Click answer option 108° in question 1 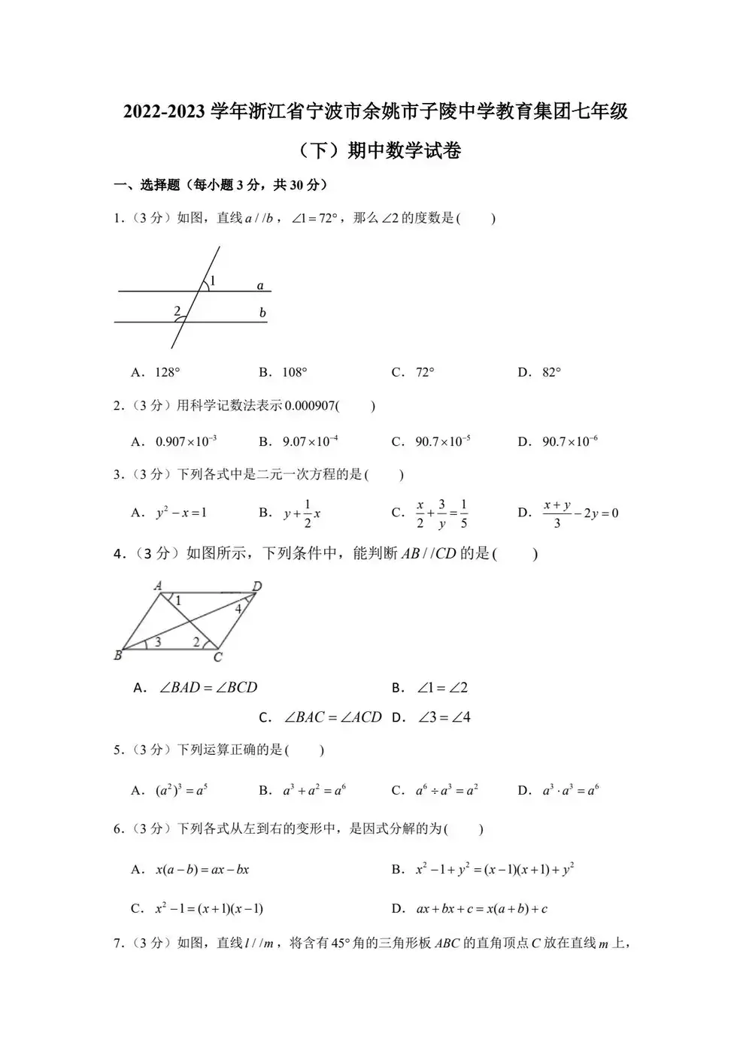[294, 372]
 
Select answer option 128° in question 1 [167, 372]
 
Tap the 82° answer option [551, 372]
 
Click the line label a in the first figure [260, 286]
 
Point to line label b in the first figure [262, 313]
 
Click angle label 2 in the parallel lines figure [177, 310]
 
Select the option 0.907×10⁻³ [186, 441]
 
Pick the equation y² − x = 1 [181, 513]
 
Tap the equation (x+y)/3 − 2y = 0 [580, 513]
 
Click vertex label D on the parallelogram [257, 586]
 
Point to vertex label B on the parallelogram [118, 656]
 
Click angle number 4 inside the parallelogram [238, 609]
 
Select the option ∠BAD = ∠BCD [208, 687]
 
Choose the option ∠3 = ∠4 [444, 717]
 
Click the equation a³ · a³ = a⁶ [570, 790]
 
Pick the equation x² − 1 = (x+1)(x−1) [209, 908]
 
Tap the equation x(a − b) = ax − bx [202, 870]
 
